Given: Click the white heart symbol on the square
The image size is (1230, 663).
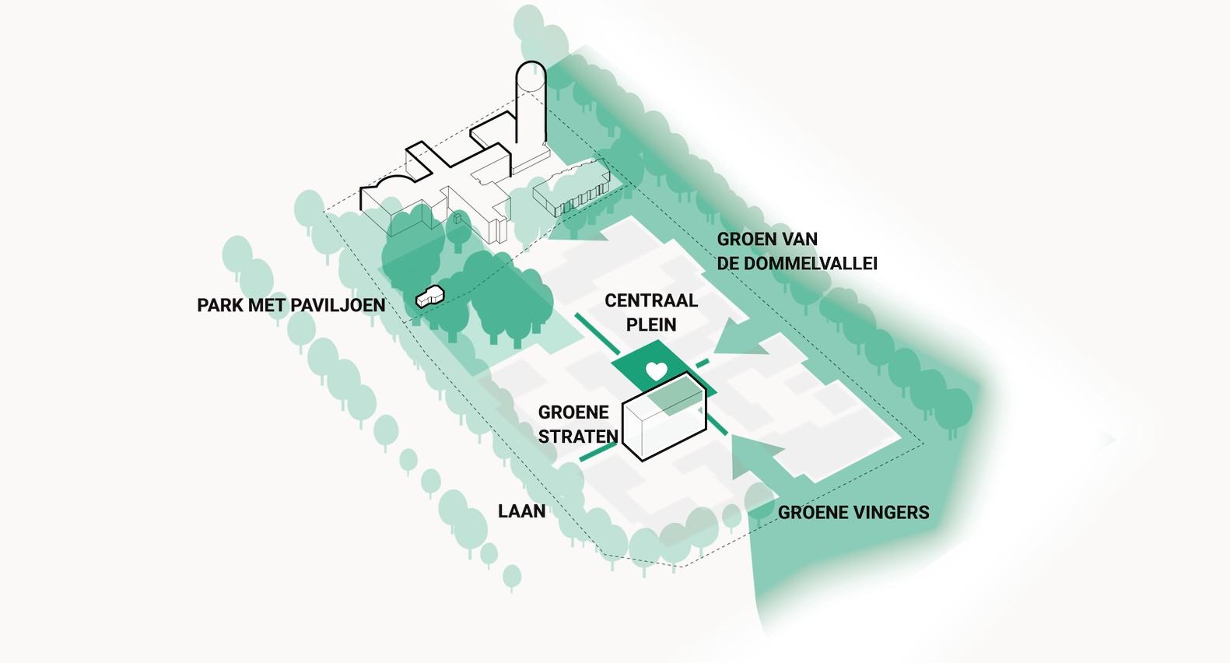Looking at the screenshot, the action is tap(656, 370).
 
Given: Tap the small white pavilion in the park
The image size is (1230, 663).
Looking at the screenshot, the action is tap(429, 296).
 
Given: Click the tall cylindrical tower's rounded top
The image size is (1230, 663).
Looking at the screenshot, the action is tap(531, 75).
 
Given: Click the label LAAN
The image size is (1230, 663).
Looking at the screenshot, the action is tap(522, 511).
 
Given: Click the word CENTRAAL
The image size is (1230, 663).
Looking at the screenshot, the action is tap(651, 300).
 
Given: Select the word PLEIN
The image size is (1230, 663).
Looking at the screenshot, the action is tap(651, 324).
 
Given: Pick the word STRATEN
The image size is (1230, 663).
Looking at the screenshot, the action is tap(578, 437).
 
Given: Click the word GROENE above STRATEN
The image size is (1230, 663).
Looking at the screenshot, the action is tap(573, 412).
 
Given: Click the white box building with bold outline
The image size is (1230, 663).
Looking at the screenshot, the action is tap(664, 417).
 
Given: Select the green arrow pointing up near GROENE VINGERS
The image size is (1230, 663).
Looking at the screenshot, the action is tap(758, 456).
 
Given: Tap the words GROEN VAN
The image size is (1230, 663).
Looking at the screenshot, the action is tap(767, 240).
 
